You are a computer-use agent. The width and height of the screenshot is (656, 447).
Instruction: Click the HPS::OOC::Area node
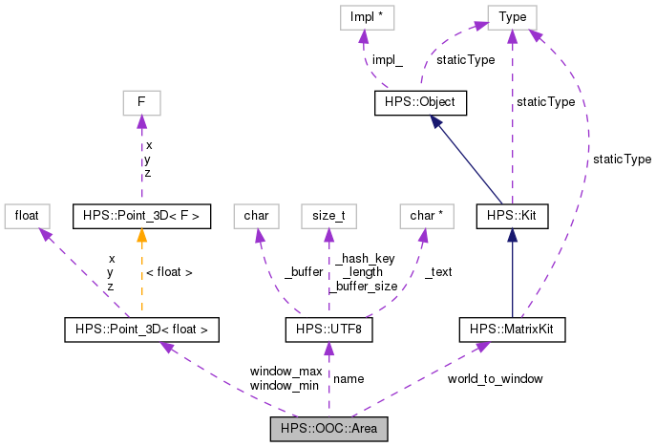coord(328,428)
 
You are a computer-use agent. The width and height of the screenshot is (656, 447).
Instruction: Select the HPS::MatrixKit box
coord(512,330)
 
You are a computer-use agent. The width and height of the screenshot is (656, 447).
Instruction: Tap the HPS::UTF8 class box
coord(328,330)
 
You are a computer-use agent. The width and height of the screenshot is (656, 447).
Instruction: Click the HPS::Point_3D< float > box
coord(141,330)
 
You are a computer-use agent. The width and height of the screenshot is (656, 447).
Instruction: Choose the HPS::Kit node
coord(512,215)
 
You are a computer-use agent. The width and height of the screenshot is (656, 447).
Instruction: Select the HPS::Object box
coord(420,100)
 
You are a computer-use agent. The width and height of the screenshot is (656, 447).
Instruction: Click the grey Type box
coord(512,17)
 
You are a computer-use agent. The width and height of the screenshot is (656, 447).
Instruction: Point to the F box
coord(141,100)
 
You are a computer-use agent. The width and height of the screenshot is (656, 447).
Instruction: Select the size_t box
coord(328,215)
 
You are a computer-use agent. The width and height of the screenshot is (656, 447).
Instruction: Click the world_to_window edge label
coord(495,379)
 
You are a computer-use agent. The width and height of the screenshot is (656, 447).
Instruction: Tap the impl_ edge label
coord(387,59)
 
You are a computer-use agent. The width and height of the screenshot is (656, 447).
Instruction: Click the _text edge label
coord(437,272)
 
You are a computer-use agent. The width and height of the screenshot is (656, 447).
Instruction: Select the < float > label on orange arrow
coord(168,272)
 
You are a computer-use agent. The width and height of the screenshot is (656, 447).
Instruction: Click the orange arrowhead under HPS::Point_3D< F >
coord(141,235)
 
